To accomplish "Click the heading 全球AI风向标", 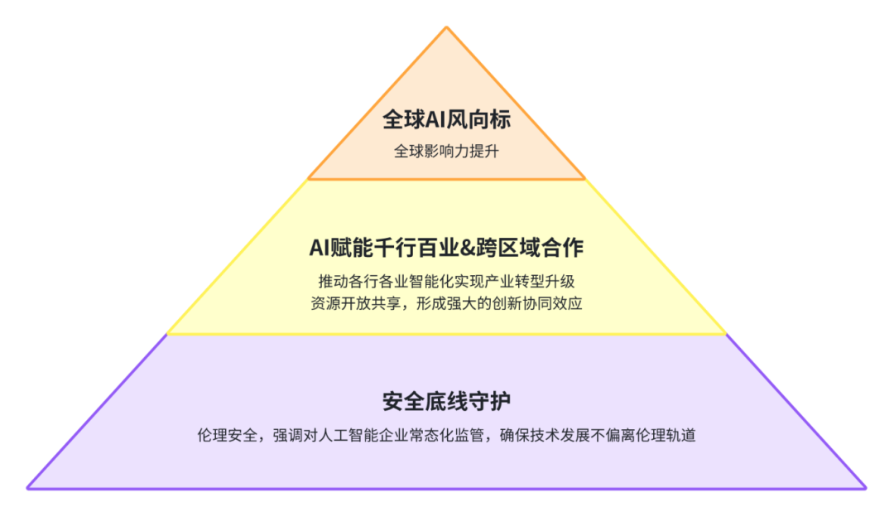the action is (x=446, y=119).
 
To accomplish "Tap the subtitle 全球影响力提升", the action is (x=446, y=152).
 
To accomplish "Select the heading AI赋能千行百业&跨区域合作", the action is (x=446, y=248).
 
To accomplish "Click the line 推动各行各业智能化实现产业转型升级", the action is (x=446, y=282).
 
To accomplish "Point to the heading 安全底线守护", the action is (x=446, y=402).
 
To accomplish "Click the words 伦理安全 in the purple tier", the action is (x=228, y=436).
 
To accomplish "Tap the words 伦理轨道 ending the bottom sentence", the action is (x=666, y=436).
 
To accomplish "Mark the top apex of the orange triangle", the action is (x=446, y=27).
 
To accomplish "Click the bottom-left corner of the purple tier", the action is (x=27, y=489).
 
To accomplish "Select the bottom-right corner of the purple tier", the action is (x=866, y=489).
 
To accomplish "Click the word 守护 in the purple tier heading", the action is (x=490, y=402).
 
